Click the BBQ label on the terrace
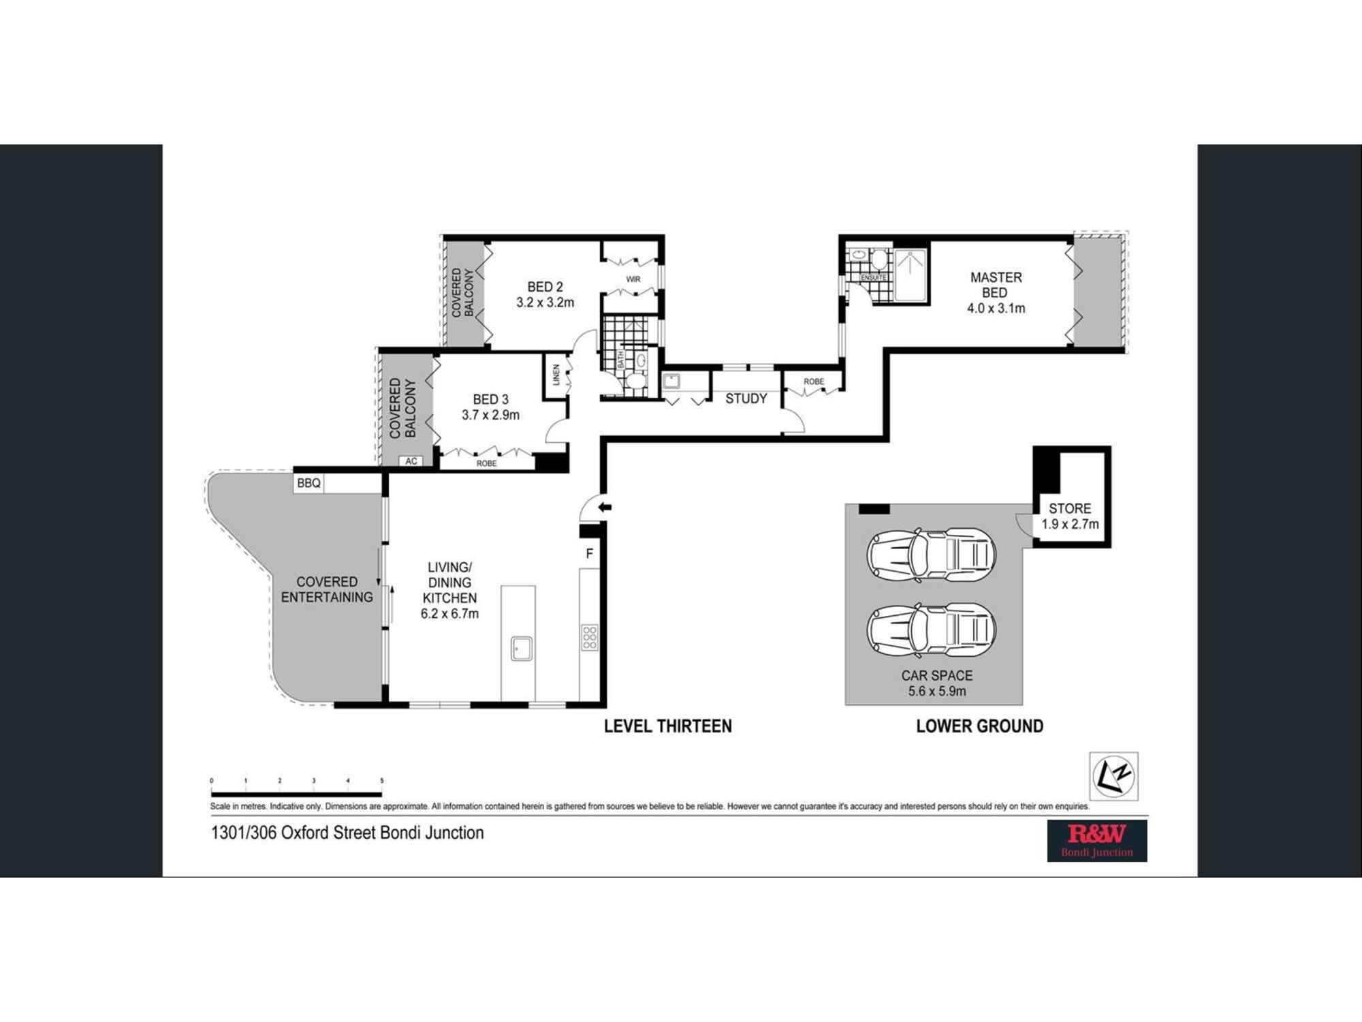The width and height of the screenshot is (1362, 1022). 308,483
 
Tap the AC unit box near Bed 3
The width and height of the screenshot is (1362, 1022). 411,461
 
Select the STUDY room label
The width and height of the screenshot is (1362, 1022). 746,399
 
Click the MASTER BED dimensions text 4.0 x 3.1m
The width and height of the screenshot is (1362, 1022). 996,308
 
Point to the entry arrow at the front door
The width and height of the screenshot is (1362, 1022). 605,508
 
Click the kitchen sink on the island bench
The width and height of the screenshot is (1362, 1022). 522,648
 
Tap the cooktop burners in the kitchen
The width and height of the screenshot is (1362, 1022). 590,638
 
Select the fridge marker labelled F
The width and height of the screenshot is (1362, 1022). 590,554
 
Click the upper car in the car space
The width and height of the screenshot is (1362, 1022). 932,555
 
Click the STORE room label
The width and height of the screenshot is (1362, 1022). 1070,508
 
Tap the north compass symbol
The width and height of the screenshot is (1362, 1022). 1113,776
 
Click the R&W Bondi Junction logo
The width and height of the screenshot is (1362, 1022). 1096,841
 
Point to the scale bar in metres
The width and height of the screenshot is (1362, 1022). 296,794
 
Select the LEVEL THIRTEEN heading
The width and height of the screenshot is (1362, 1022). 667,726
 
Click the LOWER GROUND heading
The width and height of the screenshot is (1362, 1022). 979,726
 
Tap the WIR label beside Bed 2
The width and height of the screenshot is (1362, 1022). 633,279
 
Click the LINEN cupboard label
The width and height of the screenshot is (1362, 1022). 556,375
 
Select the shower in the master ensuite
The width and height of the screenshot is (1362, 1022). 910,275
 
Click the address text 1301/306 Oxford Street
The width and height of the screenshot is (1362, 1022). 347,833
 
